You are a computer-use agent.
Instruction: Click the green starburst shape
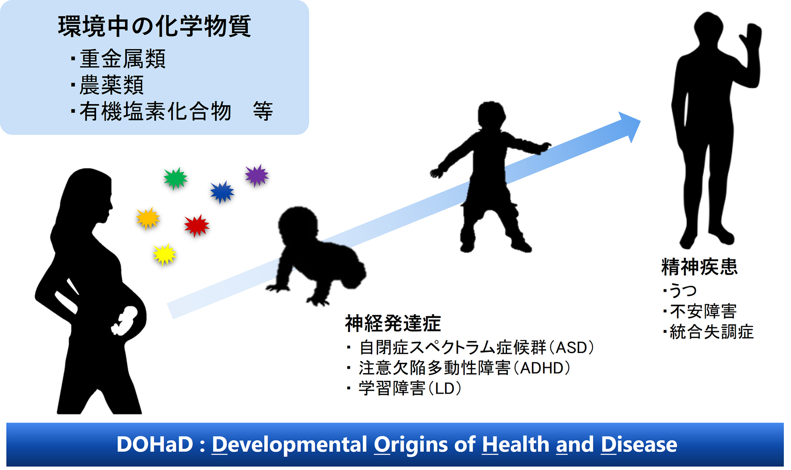[176, 178]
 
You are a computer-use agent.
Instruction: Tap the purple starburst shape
[257, 175]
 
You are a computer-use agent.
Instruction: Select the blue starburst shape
[222, 192]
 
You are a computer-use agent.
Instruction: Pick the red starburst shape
[197, 226]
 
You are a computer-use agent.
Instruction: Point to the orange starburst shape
[148, 218]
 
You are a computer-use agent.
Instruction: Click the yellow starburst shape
[165, 254]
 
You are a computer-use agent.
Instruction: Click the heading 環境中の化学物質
[155, 26]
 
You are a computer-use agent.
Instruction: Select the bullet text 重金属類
[123, 59]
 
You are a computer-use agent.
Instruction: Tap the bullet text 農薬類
[112, 85]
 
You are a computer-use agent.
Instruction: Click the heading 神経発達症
[393, 323]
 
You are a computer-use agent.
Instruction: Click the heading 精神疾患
[700, 267]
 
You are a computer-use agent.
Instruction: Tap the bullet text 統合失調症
[712, 332]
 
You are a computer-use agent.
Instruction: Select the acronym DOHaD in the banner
[155, 444]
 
